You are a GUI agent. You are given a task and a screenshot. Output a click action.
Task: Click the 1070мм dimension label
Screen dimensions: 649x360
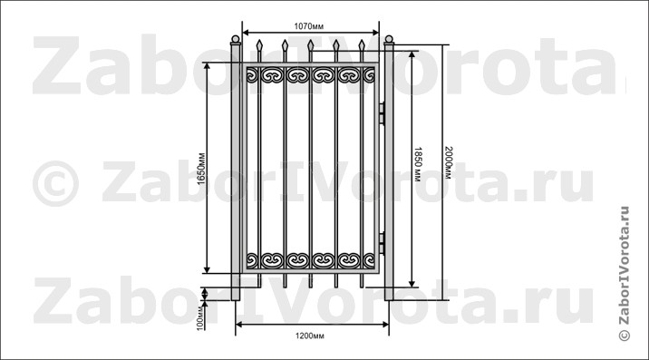point(309,26)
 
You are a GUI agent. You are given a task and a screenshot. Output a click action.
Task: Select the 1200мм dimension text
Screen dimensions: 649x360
point(310,336)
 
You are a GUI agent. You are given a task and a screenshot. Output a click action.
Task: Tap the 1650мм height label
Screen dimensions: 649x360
point(201,169)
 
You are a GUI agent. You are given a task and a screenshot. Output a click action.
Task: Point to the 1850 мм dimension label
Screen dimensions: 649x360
point(418,164)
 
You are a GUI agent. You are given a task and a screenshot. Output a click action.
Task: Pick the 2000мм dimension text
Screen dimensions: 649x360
point(448,163)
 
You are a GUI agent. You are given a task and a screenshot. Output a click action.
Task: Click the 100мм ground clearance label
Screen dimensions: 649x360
point(200,317)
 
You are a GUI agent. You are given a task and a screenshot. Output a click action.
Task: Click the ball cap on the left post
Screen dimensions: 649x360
point(235,39)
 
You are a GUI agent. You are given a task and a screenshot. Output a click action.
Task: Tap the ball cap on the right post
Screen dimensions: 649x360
point(389,39)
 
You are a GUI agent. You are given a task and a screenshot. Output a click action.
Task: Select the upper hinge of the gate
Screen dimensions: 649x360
point(382,113)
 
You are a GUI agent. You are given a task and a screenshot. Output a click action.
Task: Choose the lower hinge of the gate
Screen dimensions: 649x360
point(382,243)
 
